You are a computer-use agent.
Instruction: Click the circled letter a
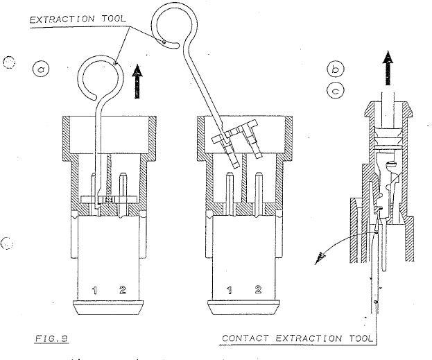click(x=42, y=69)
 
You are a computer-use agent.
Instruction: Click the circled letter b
click(x=336, y=69)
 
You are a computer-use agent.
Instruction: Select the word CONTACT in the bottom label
click(x=245, y=338)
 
